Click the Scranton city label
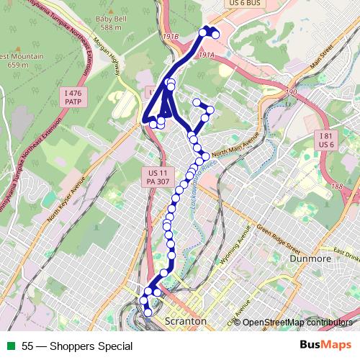(x=185, y=320)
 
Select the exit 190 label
(x=291, y=92)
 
